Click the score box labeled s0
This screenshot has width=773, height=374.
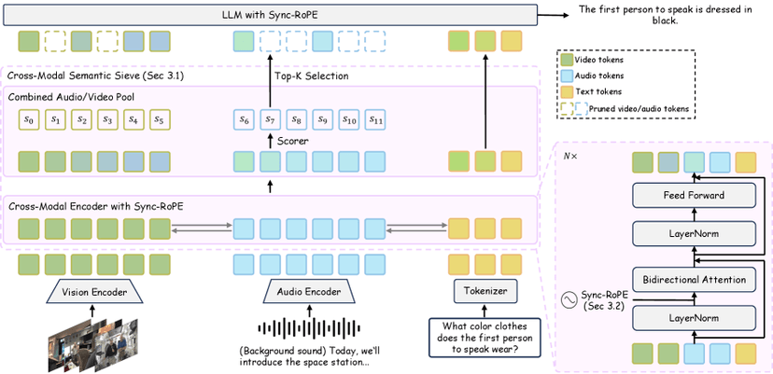pos(29,119)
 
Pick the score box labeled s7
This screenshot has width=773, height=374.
pos(271,119)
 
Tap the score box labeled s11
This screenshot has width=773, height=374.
pos(375,119)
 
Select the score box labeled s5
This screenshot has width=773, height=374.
pos(160,119)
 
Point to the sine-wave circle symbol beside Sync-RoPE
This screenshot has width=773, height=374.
pos(569,299)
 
